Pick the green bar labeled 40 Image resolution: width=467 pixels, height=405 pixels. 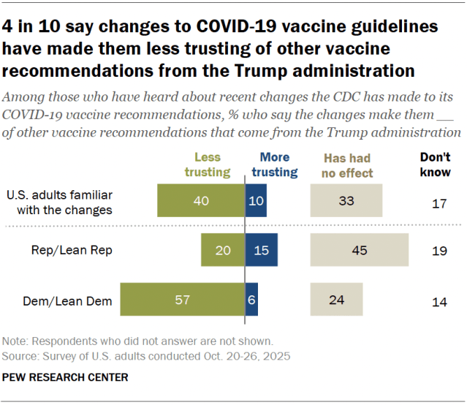(200, 200)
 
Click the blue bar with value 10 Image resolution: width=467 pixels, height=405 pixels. (256, 200)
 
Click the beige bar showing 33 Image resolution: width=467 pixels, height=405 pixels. (346, 200)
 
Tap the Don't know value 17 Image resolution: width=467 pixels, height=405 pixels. (438, 203)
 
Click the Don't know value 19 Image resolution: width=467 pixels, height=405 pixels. (438, 251)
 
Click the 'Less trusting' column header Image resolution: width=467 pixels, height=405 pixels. (212, 165)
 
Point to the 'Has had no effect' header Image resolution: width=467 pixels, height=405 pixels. (347, 165)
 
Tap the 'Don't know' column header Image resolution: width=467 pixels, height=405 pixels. (436, 165)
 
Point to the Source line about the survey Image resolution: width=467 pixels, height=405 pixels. (146, 356)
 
